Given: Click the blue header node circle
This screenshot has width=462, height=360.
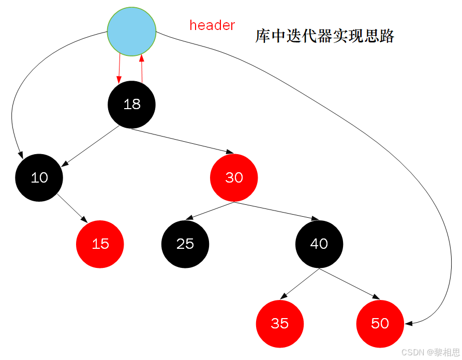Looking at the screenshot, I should [131, 32].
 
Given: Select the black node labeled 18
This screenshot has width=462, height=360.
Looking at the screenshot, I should [131, 104].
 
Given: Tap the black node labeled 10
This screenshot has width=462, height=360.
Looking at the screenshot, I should [39, 177].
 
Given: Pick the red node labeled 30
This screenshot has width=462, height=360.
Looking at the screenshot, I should [234, 177].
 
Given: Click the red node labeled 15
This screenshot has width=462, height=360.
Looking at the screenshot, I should [100, 244].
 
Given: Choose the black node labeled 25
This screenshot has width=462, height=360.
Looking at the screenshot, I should [185, 244].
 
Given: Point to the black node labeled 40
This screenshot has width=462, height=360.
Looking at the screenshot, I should [319, 244].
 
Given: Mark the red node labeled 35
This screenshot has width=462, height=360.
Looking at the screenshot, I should [280, 323].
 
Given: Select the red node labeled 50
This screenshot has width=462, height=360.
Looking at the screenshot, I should [380, 323].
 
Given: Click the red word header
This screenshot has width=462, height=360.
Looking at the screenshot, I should [212, 25].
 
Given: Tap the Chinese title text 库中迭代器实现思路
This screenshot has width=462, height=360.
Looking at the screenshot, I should [325, 36].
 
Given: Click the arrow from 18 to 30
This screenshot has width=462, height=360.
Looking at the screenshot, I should [181, 140].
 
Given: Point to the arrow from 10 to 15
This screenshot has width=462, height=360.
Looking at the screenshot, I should [72, 208].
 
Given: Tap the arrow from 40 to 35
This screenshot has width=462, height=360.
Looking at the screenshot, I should [299, 284].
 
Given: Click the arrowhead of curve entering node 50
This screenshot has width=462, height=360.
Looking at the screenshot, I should [409, 323].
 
